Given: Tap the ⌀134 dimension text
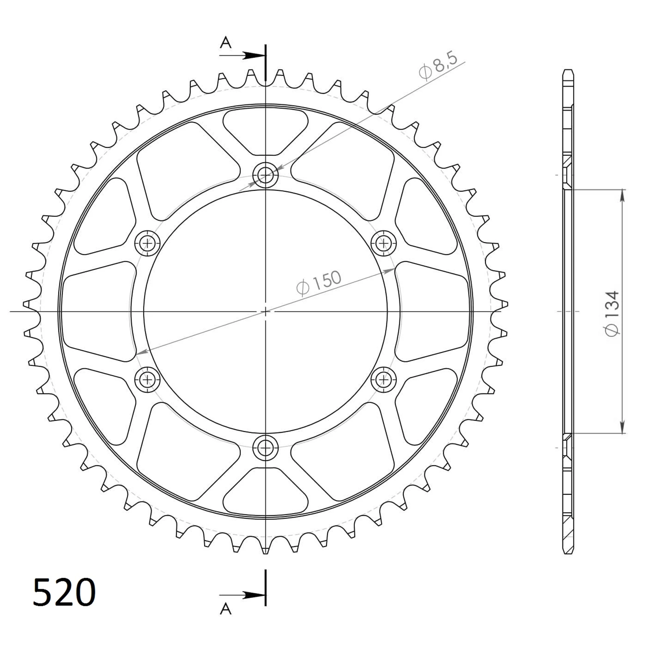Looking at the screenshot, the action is pos(612,314).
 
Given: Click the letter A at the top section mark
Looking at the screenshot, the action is pos(225,43).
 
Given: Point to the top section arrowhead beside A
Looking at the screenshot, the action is pos(254,55).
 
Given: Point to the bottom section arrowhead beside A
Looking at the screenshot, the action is pos(254,596).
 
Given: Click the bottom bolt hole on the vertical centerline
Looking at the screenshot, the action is pos(265,448).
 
